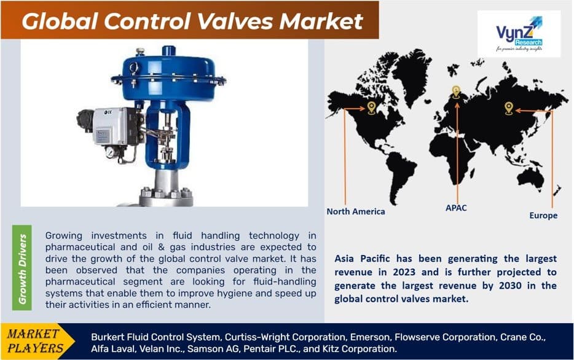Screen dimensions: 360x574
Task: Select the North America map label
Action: coord(356,211)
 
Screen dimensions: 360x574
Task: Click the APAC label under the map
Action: coord(456,208)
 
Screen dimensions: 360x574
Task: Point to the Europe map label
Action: coord(543,216)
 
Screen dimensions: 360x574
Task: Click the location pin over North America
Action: coord(371,108)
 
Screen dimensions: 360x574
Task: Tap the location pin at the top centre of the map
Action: coord(455,92)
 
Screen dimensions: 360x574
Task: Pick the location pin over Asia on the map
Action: coord(509,108)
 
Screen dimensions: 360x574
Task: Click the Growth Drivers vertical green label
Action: coord(23,269)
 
